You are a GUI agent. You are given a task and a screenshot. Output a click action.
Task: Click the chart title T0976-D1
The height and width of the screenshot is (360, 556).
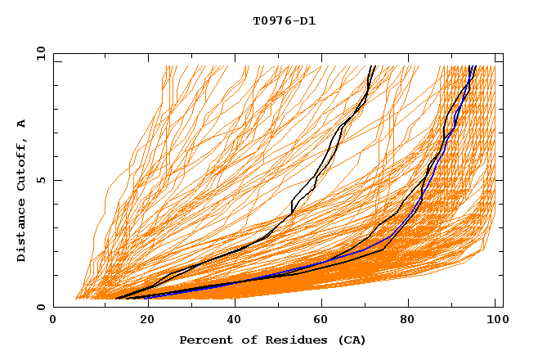tap(285, 20)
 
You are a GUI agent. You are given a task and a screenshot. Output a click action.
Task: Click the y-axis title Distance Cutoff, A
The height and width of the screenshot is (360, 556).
tap(22, 189)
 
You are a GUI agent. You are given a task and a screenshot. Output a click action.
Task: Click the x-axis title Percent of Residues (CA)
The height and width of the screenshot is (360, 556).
tap(272, 340)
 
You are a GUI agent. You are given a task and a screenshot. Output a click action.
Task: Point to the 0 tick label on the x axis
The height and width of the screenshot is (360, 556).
tap(53, 321)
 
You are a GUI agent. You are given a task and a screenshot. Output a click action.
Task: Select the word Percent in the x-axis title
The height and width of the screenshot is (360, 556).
tap(204, 340)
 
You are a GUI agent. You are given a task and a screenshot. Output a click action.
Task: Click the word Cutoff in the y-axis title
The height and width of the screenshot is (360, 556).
tap(22, 164)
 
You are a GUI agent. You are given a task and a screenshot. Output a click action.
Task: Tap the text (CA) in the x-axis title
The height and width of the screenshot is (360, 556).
tap(352, 340)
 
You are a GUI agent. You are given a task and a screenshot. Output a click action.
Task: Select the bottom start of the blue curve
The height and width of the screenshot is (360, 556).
tap(147, 298)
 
